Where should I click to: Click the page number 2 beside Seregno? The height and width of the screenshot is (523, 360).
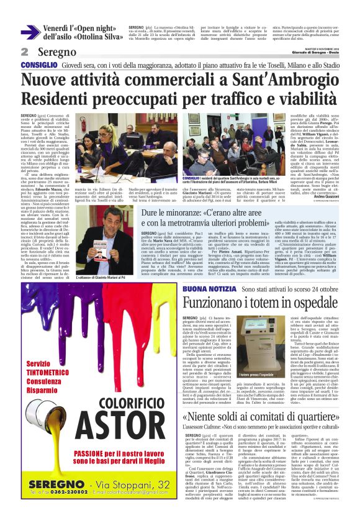[25, 52]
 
